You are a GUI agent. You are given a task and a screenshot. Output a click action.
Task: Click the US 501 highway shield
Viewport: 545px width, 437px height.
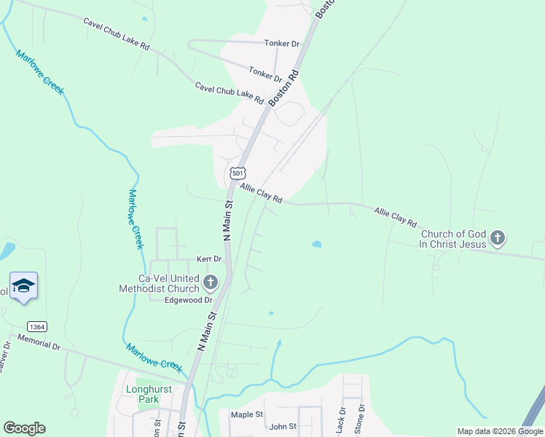pos(238,173)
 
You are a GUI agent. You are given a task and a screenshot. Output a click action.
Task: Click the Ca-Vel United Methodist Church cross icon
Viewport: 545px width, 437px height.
pos(211,282)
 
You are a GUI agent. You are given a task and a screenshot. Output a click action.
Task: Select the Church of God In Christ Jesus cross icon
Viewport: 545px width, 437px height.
pos(498,237)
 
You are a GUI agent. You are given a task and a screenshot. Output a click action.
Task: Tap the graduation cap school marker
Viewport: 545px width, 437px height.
pos(23,286)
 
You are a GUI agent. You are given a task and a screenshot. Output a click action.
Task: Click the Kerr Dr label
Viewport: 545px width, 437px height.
pos(208,259)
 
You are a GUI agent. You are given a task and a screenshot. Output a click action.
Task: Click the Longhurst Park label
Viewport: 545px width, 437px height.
pos(148,394)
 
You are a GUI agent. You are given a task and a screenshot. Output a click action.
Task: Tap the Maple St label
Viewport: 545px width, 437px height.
pos(246,414)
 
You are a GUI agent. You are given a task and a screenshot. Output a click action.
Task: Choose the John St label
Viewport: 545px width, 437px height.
pos(283,427)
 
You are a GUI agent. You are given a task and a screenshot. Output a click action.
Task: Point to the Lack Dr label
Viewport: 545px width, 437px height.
pos(340,422)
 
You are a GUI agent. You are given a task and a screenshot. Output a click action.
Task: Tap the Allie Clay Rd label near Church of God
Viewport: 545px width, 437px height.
pos(395,216)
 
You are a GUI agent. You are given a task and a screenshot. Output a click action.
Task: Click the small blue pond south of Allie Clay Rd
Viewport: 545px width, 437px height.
pos(317,244)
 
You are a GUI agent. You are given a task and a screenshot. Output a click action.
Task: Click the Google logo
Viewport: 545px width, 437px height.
pos(25,428)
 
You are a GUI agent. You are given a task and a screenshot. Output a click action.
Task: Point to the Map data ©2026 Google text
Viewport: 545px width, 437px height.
pos(500,432)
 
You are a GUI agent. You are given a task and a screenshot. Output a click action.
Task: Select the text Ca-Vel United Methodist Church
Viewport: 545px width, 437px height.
pos(159,283)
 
